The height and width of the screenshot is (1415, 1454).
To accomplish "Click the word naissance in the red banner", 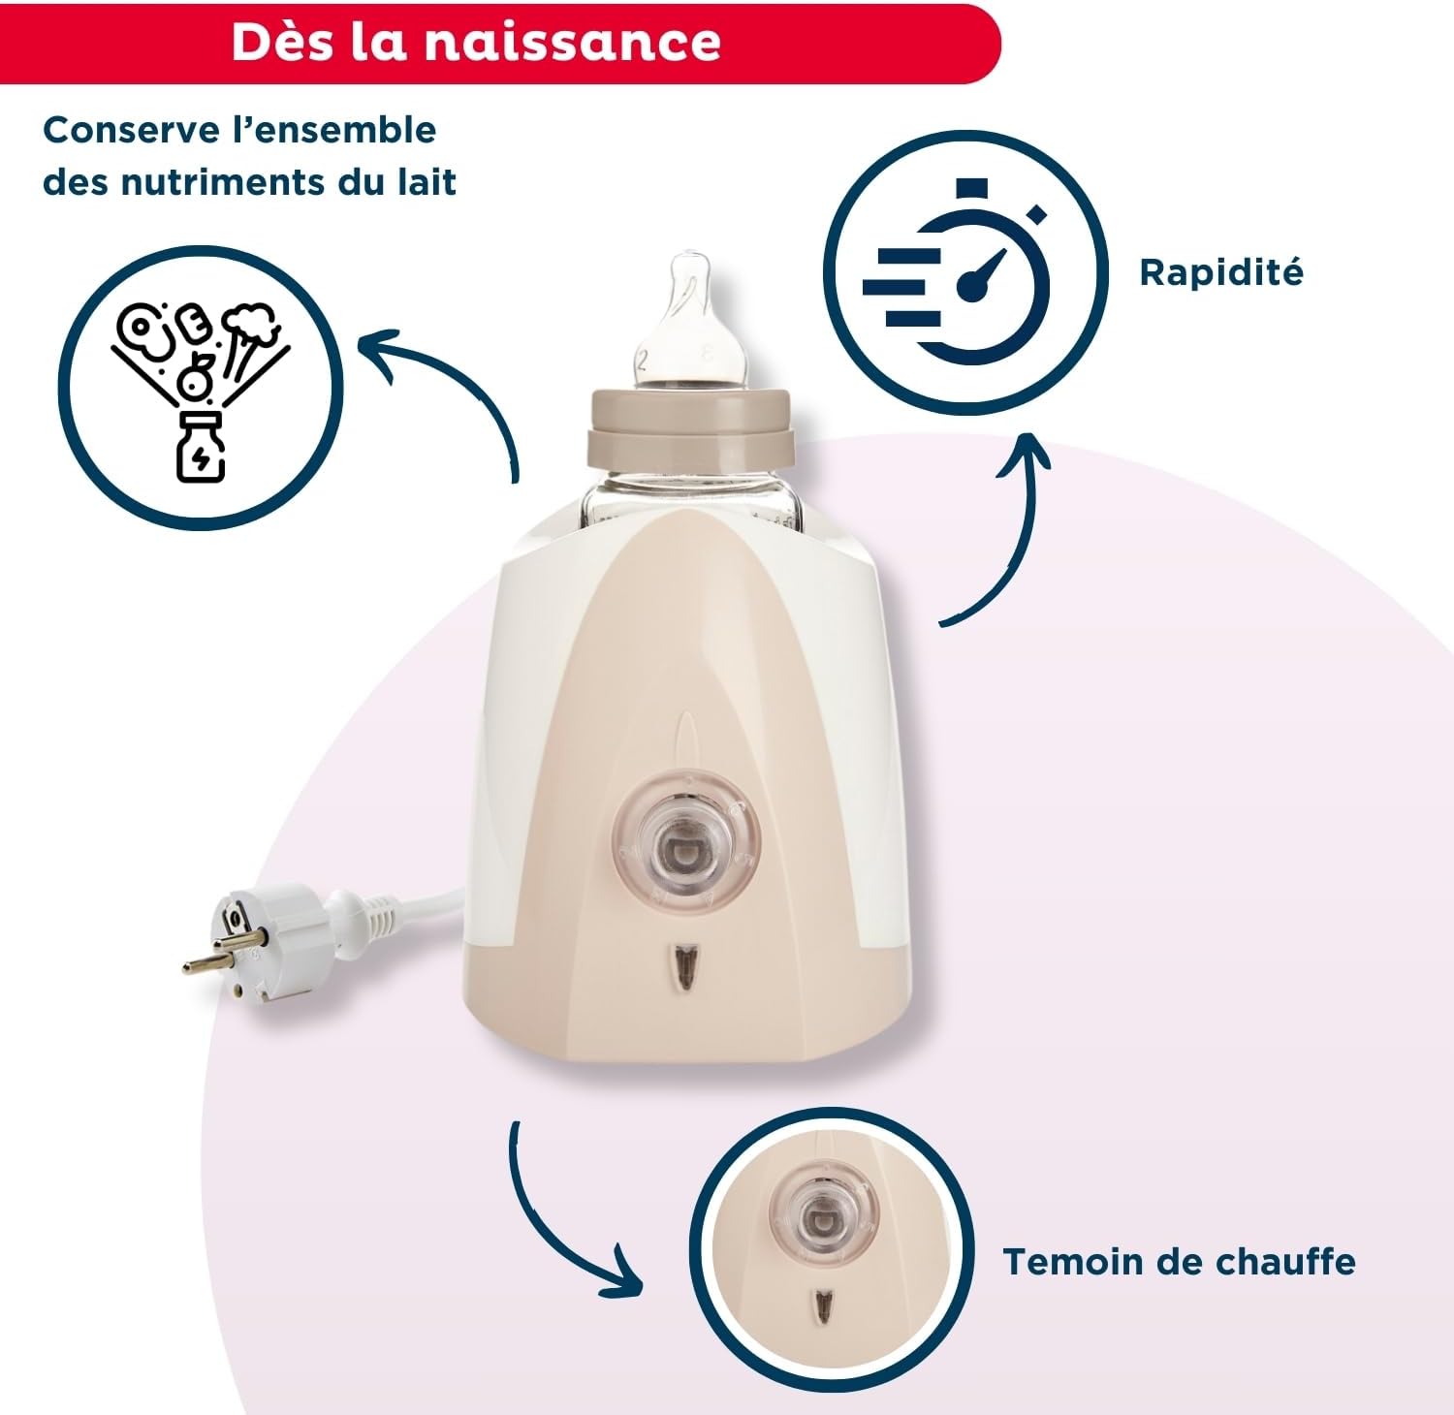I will click(x=572, y=42).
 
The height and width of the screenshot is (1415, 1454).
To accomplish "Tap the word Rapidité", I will click(x=1220, y=272).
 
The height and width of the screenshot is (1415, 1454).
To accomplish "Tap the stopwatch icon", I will click(x=964, y=273).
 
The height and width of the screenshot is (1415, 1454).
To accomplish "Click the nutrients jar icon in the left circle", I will click(x=200, y=448).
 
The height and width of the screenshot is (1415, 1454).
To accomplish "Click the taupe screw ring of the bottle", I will click(x=692, y=426).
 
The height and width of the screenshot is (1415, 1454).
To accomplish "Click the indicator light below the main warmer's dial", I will click(x=687, y=966).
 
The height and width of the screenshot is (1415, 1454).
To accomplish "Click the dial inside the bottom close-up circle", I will click(x=824, y=1212).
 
